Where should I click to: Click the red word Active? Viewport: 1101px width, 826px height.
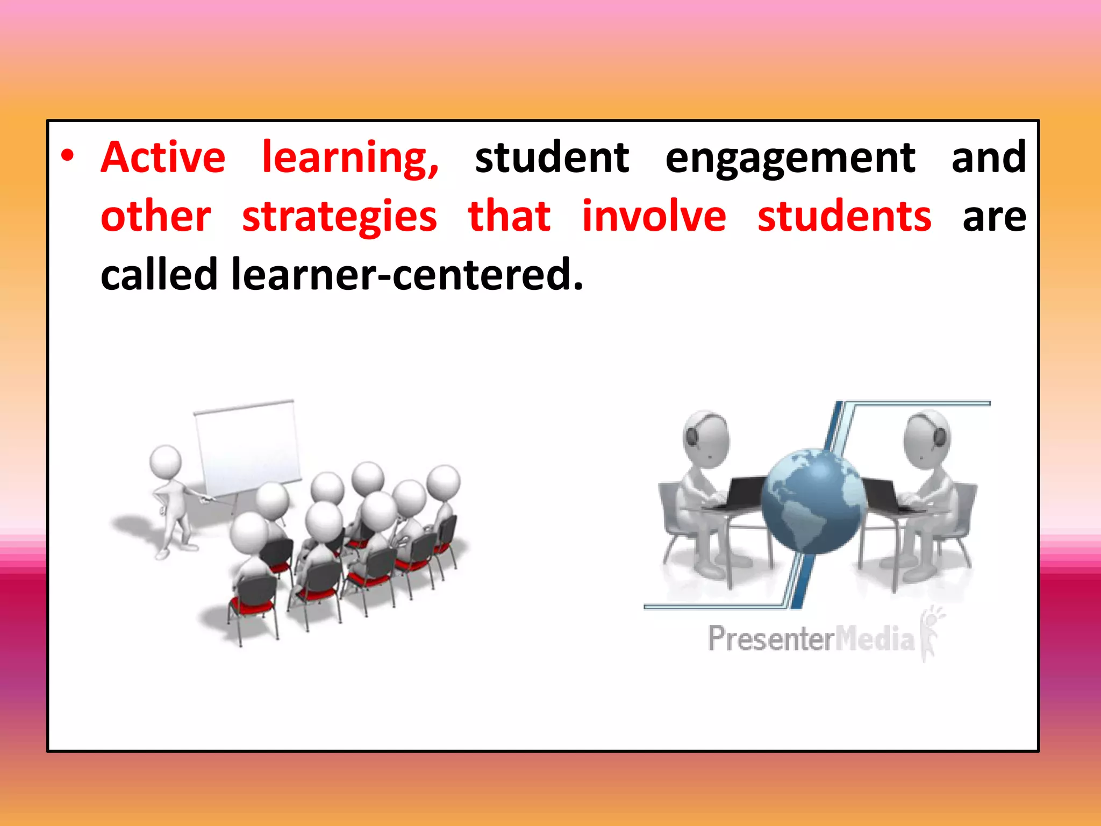163,158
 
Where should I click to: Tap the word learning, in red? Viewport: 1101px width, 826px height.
351,159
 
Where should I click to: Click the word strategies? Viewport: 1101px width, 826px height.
339,218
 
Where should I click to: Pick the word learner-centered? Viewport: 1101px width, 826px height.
407,274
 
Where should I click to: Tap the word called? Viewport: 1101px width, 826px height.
159,274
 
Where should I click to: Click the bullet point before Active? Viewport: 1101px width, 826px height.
67,156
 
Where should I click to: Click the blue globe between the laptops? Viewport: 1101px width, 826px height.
813,501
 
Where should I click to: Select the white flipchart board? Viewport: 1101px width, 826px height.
247,449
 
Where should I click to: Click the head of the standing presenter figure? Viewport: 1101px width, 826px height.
165,461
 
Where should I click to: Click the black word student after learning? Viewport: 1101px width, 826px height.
552,158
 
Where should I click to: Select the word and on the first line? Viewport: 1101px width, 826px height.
988,158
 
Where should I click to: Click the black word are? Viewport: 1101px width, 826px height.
994,218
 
